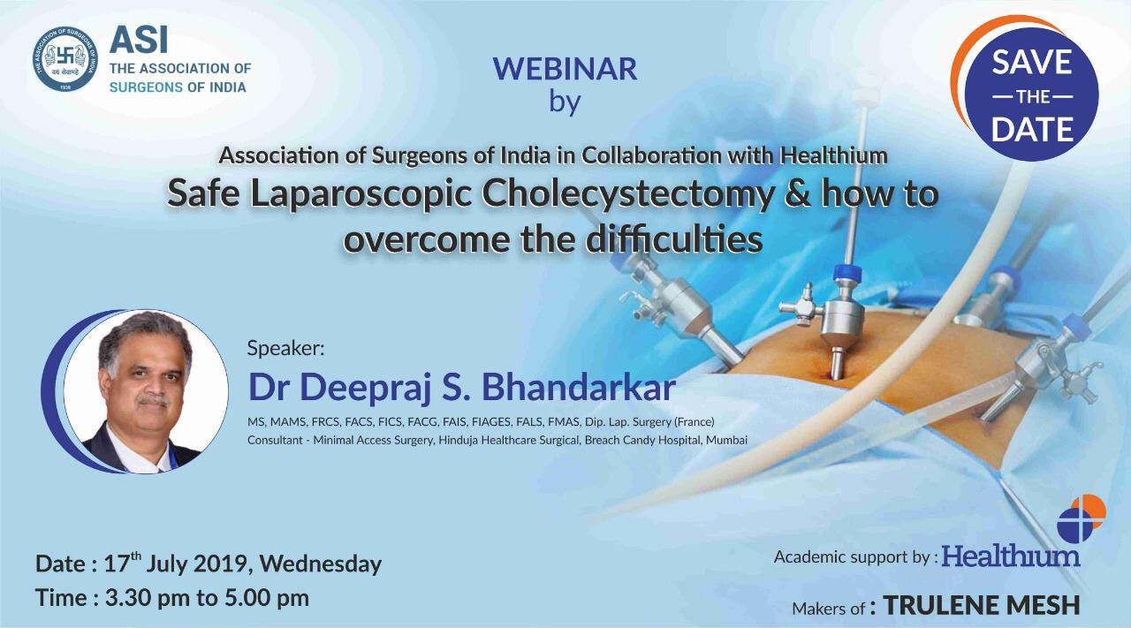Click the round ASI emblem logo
[65, 58]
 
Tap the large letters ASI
[139, 41]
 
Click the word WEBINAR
[565, 69]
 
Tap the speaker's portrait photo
[146, 392]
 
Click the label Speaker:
[285, 348]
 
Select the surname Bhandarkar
[579, 388]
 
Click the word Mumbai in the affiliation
[726, 440]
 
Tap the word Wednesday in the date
[321, 564]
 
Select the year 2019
[224, 564]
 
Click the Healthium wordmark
[1010, 557]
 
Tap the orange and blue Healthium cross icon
[1082, 519]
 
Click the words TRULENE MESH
[981, 606]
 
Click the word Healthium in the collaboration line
[833, 156]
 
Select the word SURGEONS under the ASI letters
[146, 87]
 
